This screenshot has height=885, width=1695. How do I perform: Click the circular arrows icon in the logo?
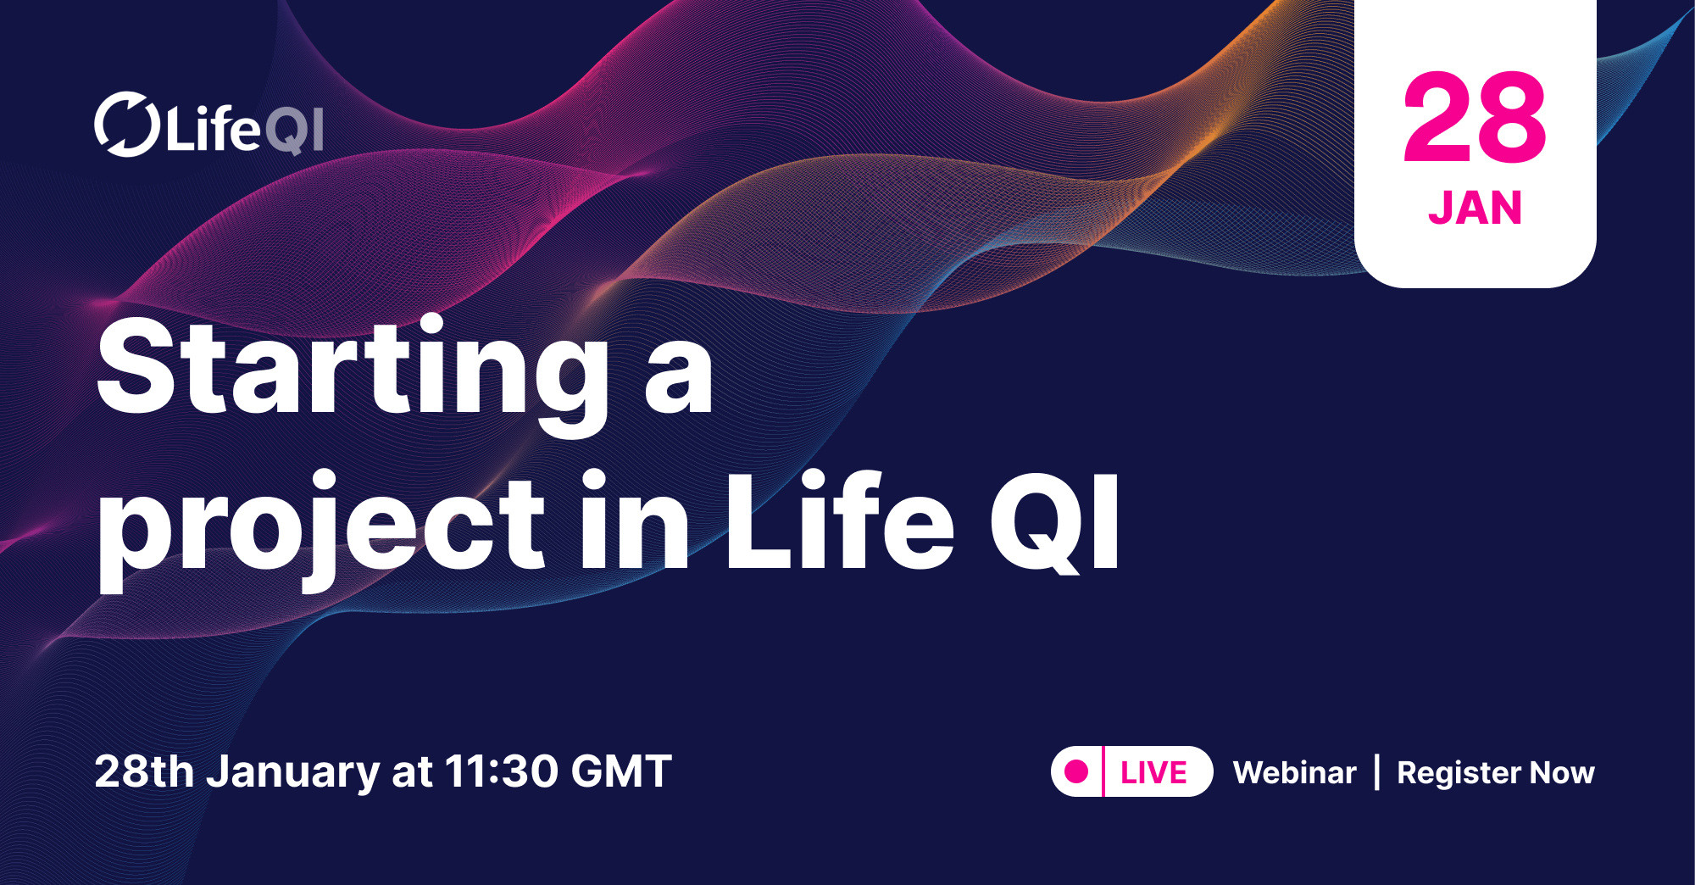126,125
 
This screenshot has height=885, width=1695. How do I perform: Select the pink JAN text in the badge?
1475,208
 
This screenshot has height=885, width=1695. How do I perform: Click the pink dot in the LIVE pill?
1076,771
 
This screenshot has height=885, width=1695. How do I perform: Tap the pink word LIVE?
1153,772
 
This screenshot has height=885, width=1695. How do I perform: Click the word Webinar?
1294,772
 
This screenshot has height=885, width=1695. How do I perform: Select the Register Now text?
1495,772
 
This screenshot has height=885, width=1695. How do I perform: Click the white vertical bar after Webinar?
1376,772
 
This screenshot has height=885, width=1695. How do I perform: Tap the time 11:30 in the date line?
501,771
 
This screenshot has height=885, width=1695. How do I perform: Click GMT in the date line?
621,771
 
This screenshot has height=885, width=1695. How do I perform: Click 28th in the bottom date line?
144,771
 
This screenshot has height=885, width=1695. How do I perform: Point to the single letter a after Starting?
678,377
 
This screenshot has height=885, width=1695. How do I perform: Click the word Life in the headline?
839,521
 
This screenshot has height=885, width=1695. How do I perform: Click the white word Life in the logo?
213,130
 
